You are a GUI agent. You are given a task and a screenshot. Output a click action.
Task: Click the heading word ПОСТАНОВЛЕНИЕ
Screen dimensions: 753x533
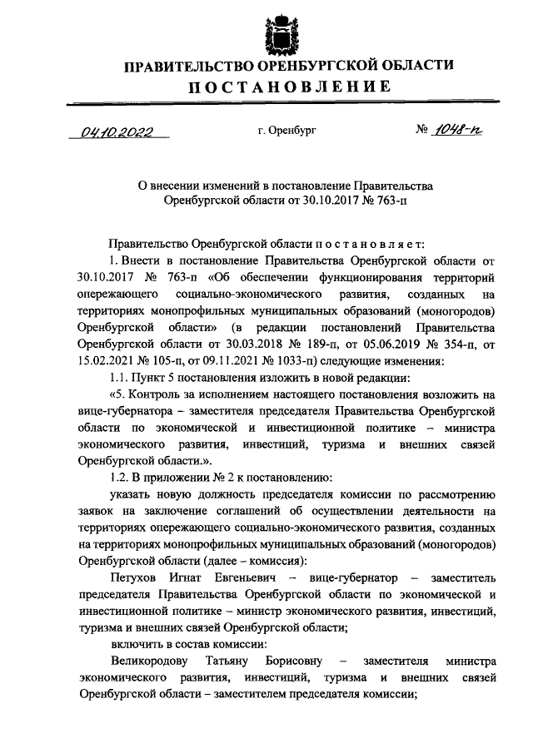pos(288,87)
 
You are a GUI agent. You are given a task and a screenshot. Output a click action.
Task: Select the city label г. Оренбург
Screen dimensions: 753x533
pos(287,131)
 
